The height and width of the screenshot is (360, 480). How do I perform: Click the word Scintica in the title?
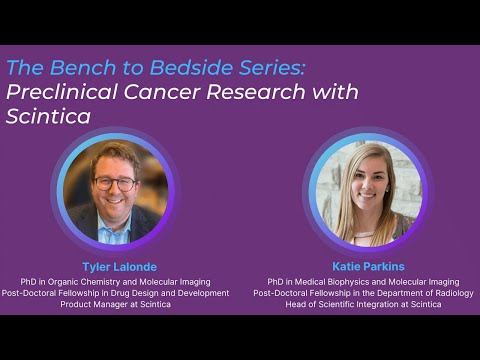tap(48, 116)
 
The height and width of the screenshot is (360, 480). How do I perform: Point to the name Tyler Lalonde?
tap(112, 267)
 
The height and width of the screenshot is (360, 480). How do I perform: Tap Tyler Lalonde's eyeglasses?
tap(115, 183)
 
